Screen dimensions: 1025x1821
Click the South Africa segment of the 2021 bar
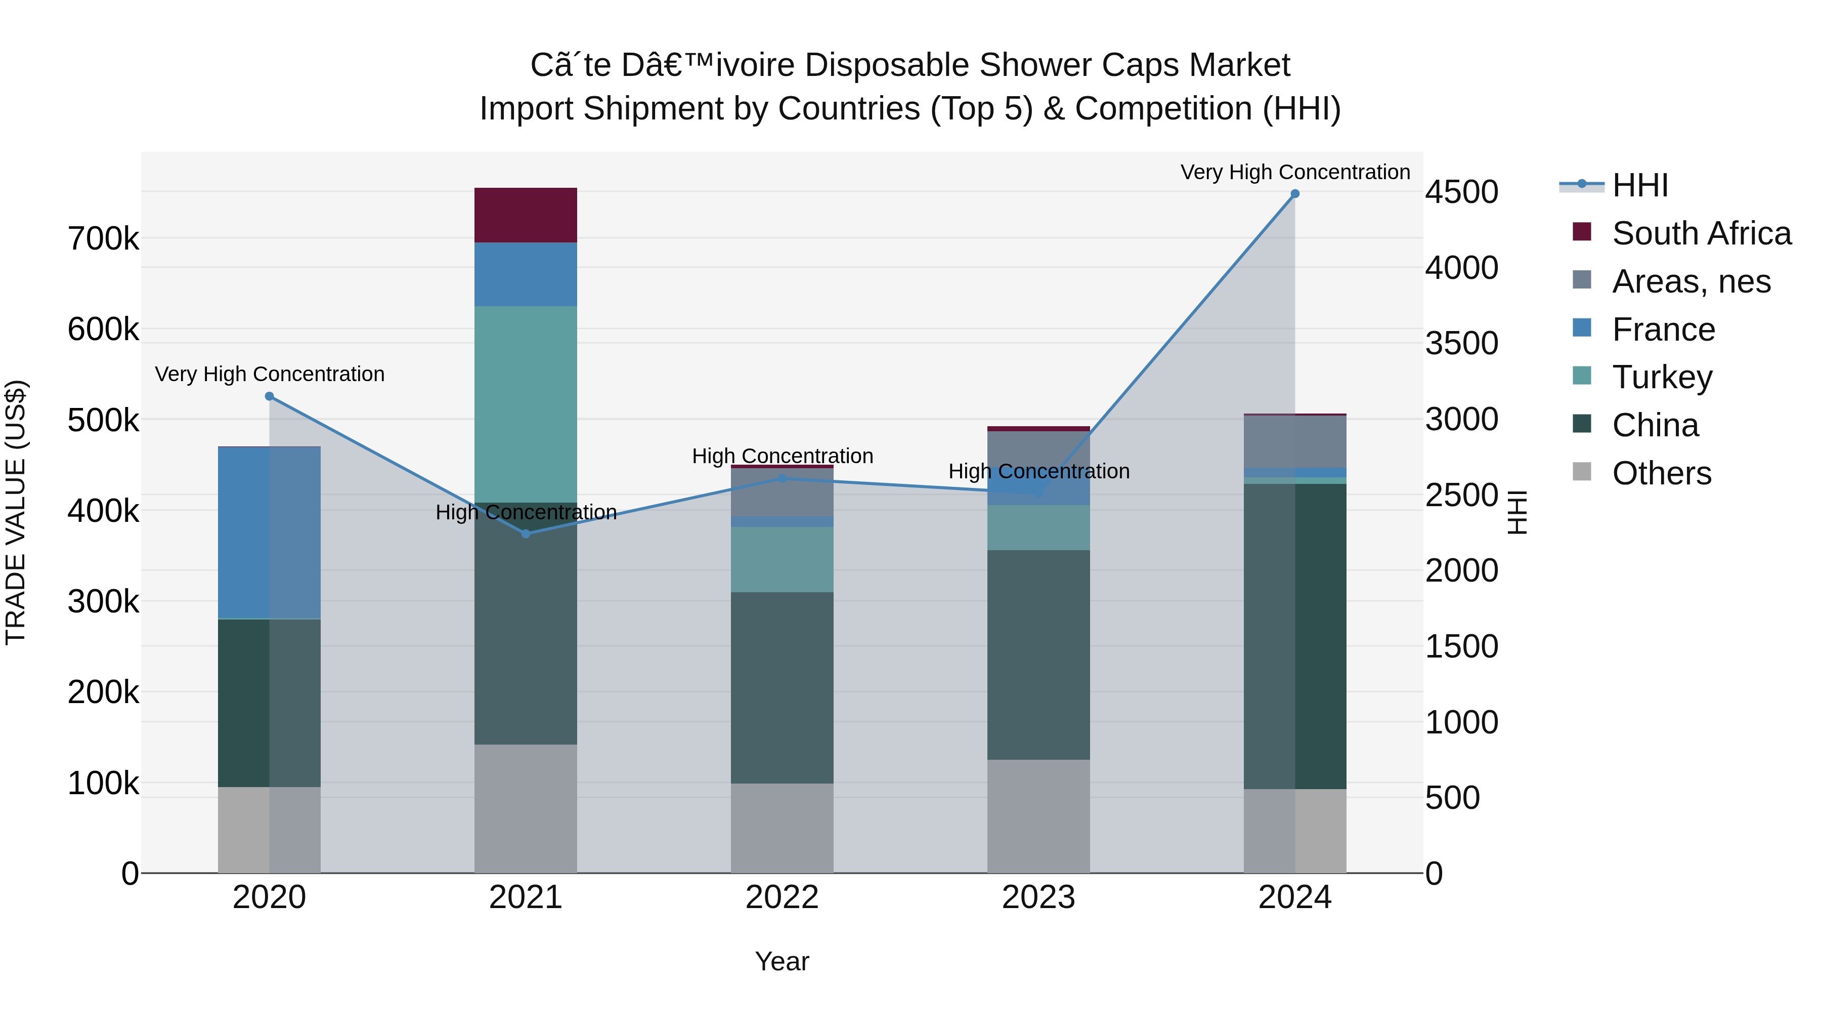pyautogui.click(x=525, y=215)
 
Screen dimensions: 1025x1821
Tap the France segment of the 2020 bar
pyautogui.click(x=269, y=532)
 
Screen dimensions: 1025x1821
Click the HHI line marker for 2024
pyautogui.click(x=1294, y=194)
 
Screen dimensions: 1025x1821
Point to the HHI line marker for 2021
pyautogui.click(x=525, y=534)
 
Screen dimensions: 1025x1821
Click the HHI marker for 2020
pyautogui.click(x=269, y=396)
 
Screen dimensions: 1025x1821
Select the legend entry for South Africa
pyautogui.click(x=1700, y=233)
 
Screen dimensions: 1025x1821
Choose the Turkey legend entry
pyautogui.click(x=1661, y=377)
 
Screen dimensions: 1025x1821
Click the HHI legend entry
pyautogui.click(x=1639, y=185)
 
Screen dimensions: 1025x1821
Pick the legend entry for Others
pyautogui.click(x=1661, y=473)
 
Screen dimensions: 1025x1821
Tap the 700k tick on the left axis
pyautogui.click(x=103, y=239)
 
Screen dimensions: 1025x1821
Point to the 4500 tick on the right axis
pyautogui.click(x=1460, y=192)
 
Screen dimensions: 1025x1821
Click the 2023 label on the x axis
pyautogui.click(x=1038, y=897)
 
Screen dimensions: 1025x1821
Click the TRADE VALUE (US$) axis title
pyautogui.click(x=16, y=512)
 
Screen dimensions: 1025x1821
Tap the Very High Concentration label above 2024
pyautogui.click(x=1294, y=172)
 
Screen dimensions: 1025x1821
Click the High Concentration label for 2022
pyautogui.click(x=782, y=456)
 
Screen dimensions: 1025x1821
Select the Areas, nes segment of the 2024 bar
pyautogui.click(x=1294, y=441)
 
